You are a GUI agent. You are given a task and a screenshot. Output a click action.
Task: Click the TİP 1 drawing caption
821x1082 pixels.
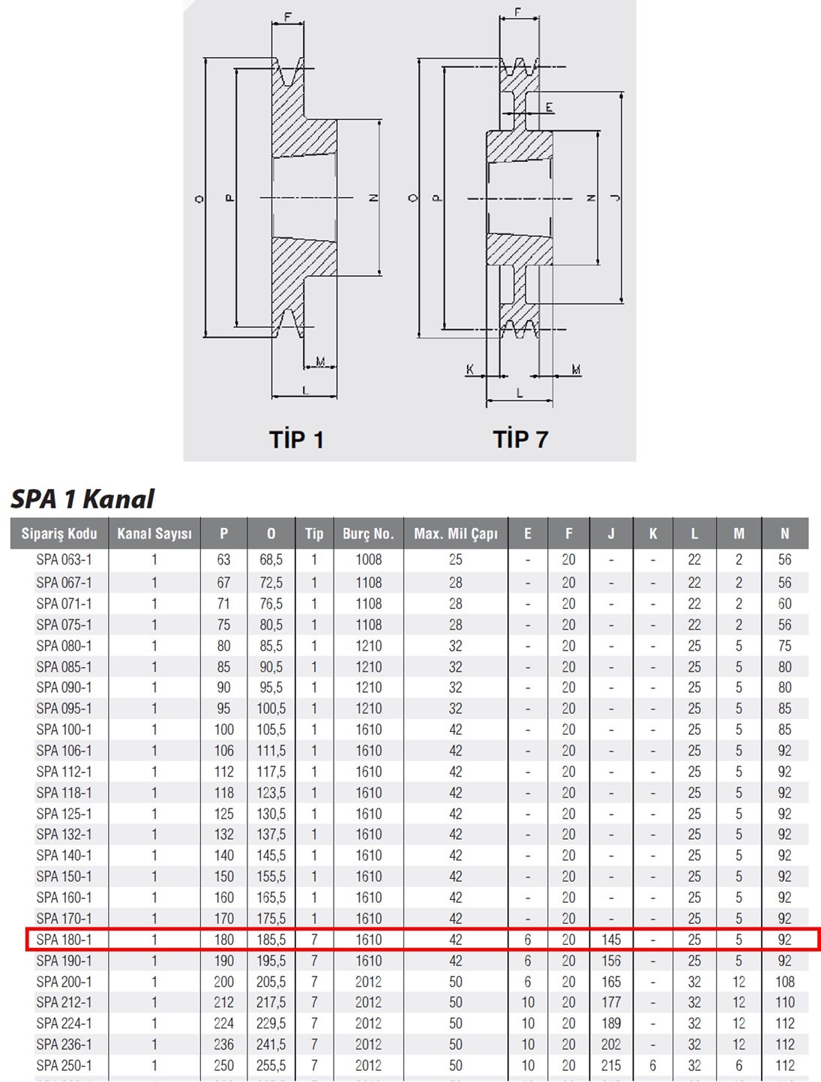click(297, 439)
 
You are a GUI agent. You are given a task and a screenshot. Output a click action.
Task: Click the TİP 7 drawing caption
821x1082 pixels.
click(520, 439)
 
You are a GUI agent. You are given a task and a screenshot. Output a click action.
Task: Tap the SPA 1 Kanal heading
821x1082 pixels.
click(82, 499)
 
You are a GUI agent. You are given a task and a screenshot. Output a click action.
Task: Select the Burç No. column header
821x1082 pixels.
click(368, 533)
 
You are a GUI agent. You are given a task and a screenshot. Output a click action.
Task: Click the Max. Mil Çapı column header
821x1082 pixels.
click(456, 533)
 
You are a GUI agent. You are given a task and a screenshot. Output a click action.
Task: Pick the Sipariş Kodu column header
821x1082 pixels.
click(59, 533)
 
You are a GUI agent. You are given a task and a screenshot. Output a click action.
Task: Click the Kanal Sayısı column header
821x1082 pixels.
click(154, 533)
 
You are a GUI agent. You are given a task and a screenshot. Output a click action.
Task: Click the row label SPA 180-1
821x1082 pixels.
click(64, 940)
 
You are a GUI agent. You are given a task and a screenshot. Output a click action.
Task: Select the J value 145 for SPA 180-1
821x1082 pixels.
click(611, 940)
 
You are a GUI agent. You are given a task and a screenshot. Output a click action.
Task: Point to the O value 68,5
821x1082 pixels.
click(271, 560)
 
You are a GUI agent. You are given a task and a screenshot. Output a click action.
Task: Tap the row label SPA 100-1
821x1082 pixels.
click(64, 730)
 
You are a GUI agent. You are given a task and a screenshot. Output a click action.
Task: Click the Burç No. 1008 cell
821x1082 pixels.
click(369, 560)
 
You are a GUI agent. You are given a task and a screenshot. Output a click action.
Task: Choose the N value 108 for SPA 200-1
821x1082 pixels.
click(785, 982)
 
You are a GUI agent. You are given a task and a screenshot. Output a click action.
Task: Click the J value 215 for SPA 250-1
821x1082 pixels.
click(611, 1066)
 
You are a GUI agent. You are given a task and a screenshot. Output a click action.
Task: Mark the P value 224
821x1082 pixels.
click(223, 1024)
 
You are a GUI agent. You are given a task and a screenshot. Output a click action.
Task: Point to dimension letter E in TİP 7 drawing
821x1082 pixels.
click(550, 107)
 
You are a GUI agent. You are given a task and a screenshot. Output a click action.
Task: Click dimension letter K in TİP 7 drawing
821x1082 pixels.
click(469, 369)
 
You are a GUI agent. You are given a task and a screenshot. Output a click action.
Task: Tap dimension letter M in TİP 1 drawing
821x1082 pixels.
click(320, 362)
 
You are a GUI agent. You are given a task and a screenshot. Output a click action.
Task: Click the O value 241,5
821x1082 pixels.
click(271, 1045)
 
